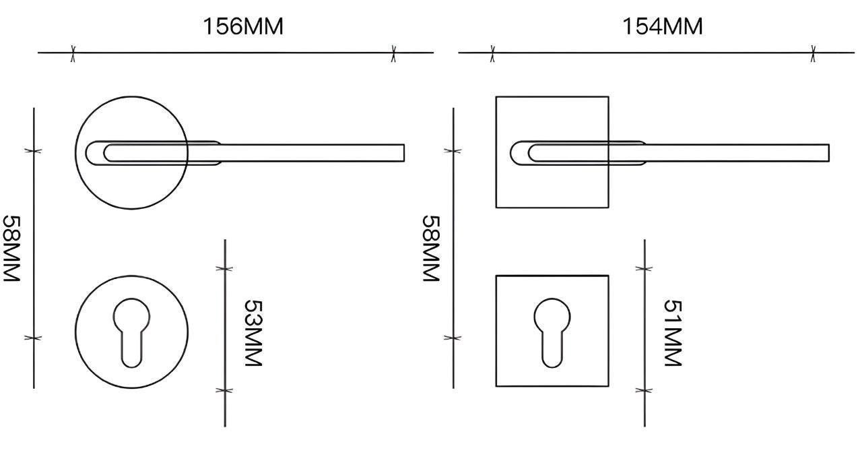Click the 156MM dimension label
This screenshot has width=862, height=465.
tap(243, 26)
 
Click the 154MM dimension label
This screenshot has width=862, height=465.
tap(662, 26)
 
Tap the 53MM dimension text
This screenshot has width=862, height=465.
tap(254, 333)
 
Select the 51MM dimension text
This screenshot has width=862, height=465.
tap(673, 333)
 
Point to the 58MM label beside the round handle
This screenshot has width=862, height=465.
tap(11, 249)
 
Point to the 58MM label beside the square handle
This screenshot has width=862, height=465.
tap(431, 249)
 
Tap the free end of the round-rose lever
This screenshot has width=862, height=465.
tap(404, 153)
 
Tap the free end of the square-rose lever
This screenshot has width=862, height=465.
tap(829, 153)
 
